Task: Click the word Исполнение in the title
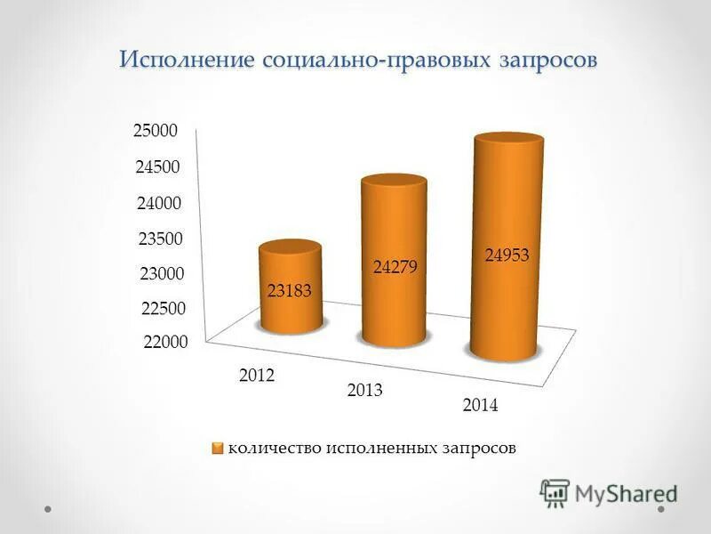[x=188, y=61]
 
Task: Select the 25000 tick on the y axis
[x=156, y=131]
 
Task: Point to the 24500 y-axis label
[x=158, y=167]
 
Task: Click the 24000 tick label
[x=160, y=203]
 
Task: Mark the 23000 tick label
[x=163, y=273]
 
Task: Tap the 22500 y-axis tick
[x=164, y=309]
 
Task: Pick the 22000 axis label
[x=164, y=343]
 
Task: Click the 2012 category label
[x=258, y=376]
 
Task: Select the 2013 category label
[x=364, y=391]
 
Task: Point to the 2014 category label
[x=481, y=406]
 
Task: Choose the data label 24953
[x=507, y=255]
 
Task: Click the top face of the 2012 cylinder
[x=290, y=250]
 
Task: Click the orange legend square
[x=218, y=448]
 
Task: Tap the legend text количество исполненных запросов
[x=371, y=448]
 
